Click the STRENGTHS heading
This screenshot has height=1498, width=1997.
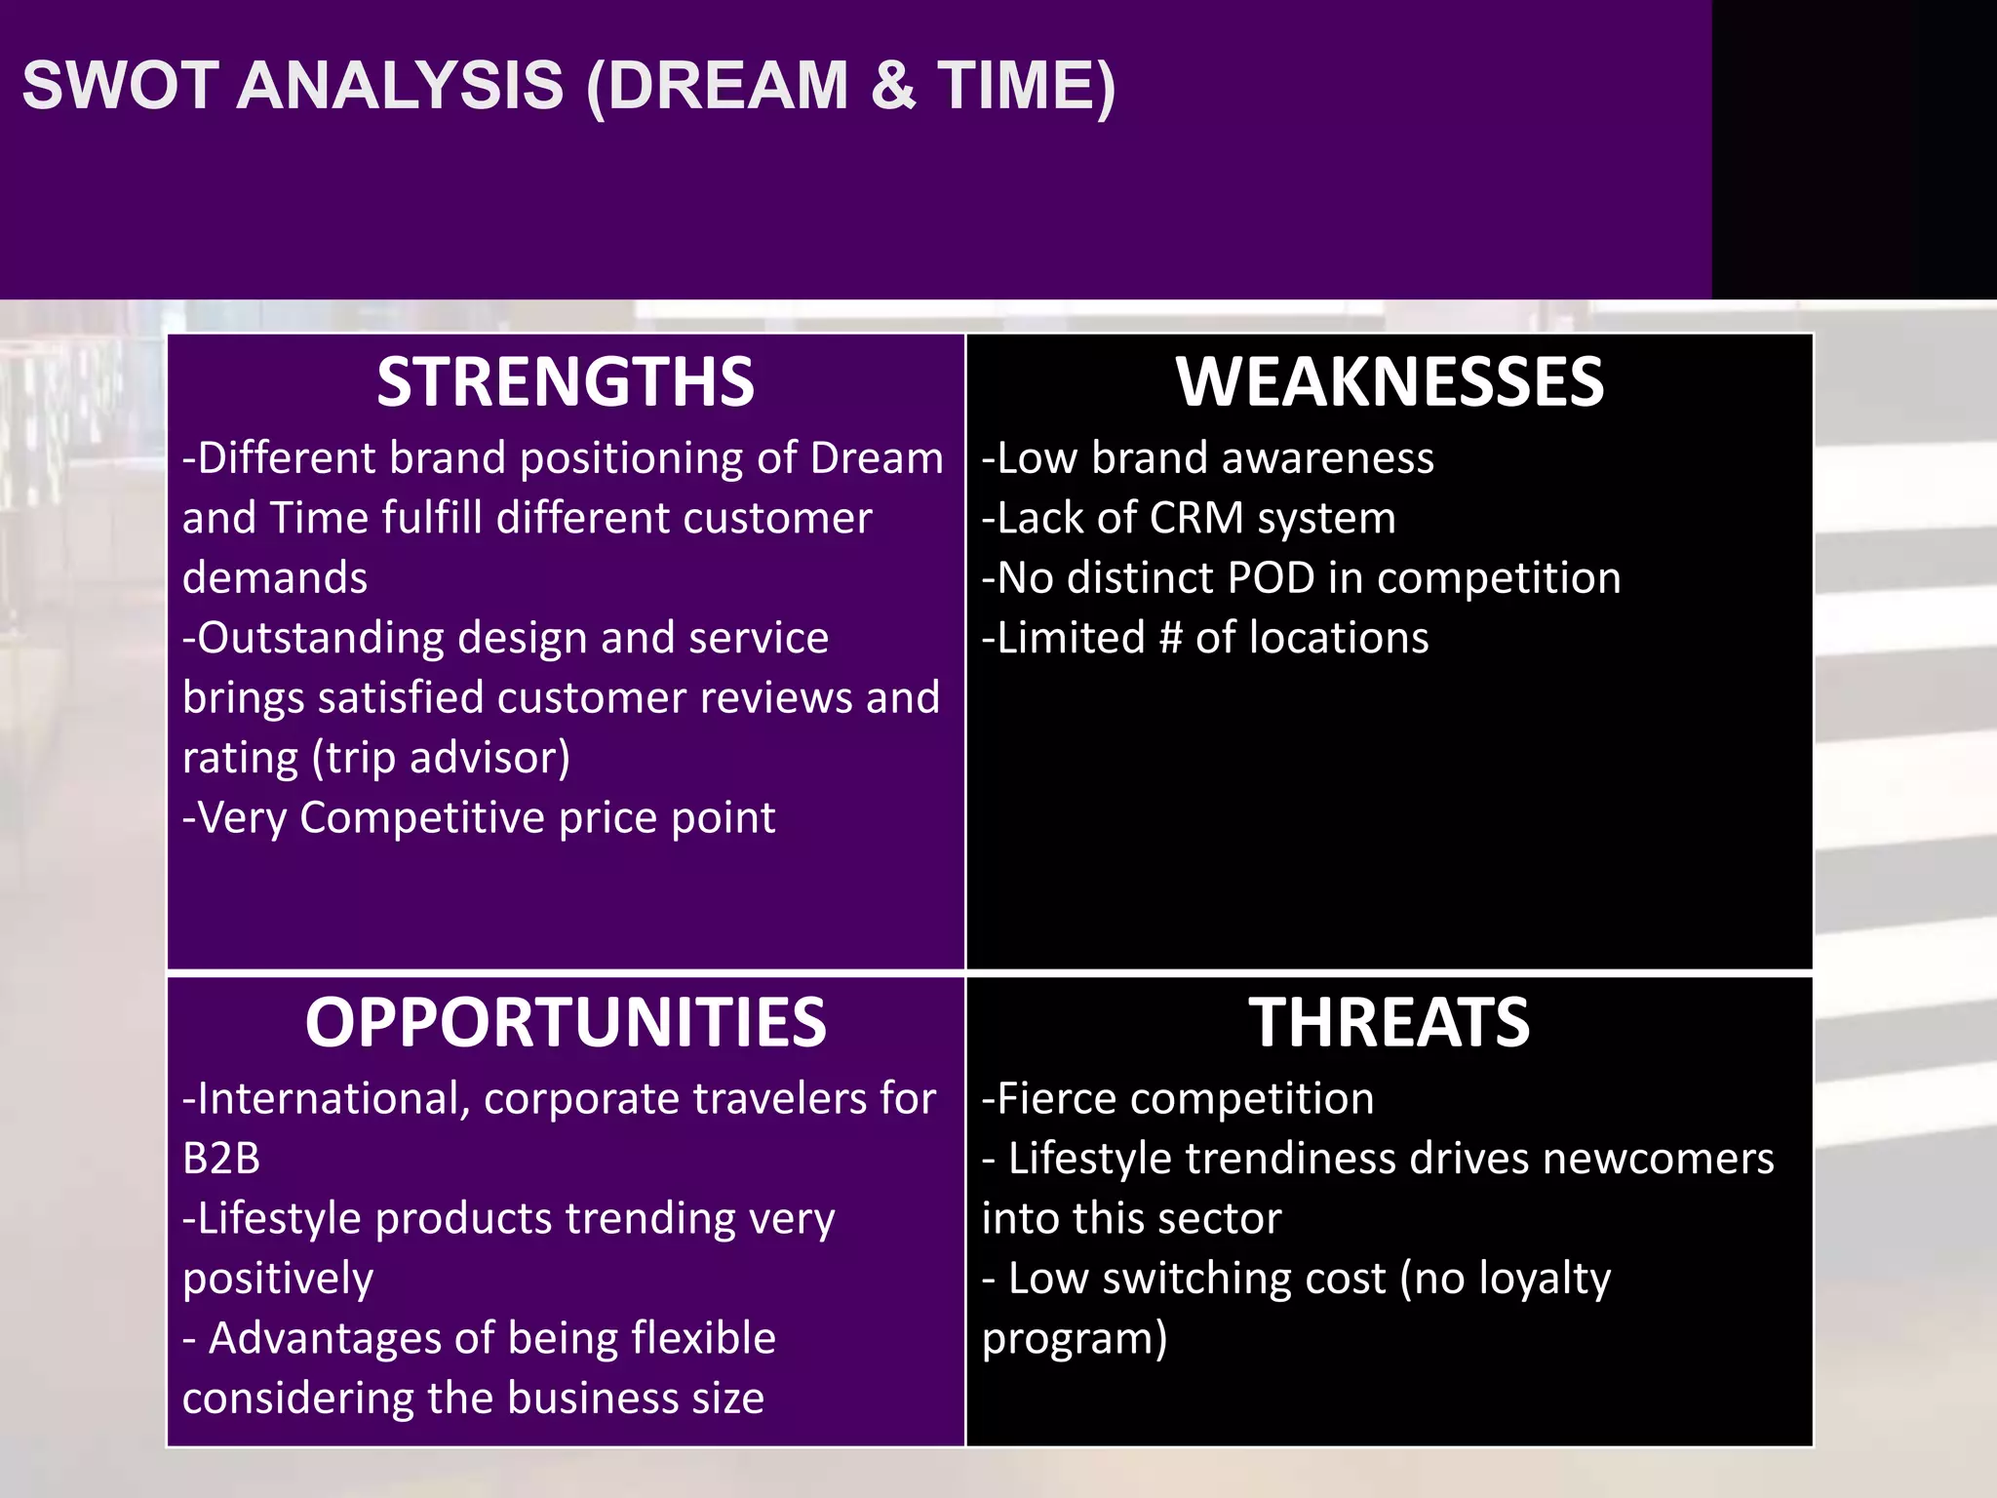coord(566,382)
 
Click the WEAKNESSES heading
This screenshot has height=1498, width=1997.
coord(1389,382)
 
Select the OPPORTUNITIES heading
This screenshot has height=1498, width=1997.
coord(566,1023)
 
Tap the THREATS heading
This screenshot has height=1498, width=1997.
coord(1389,1023)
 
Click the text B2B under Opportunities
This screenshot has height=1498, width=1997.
coord(221,1160)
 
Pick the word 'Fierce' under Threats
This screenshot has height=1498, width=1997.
coord(1060,1099)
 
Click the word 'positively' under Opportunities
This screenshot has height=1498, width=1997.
coord(278,1280)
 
